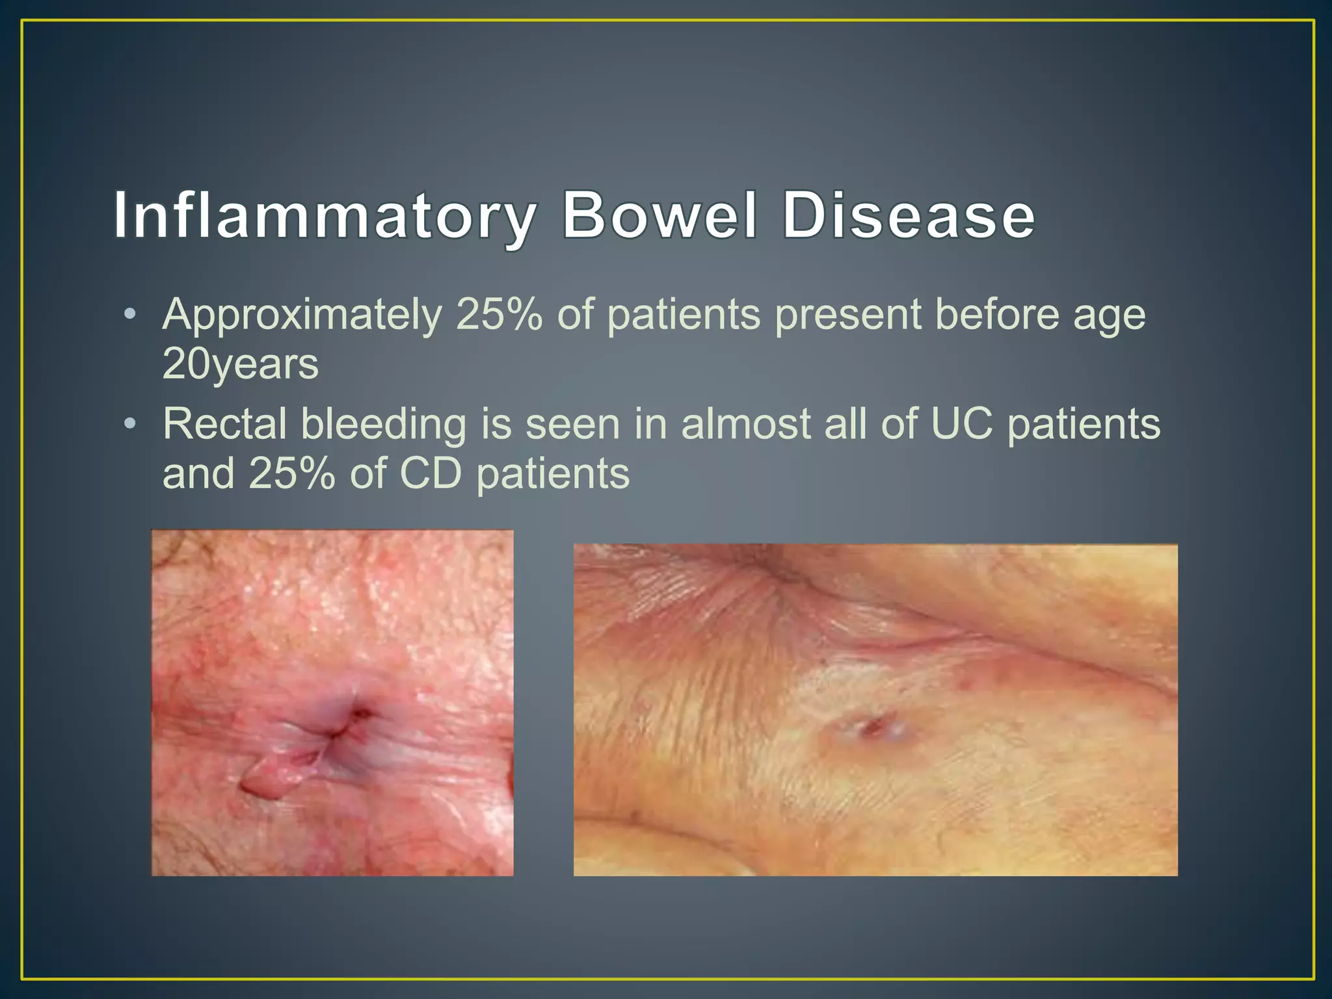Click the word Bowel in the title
[x=660, y=216]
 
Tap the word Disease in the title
[x=908, y=216]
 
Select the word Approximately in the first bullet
[x=302, y=316]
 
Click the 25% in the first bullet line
[x=499, y=315]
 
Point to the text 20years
[x=240, y=364]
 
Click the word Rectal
[x=224, y=424]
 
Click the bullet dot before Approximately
[x=130, y=315]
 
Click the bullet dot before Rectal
[x=130, y=425]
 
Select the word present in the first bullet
[x=848, y=316]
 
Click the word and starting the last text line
[x=198, y=473]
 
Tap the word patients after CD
[x=553, y=474]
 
